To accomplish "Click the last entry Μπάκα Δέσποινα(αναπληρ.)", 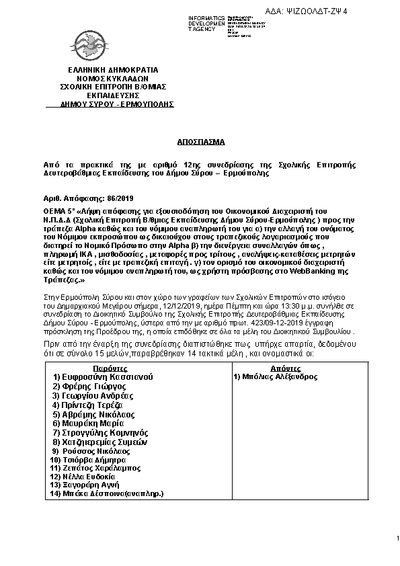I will pos(108,493).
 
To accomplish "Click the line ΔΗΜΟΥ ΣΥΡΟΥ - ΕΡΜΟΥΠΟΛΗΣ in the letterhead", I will pos(117,104).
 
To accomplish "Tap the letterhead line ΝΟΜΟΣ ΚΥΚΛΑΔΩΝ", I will pos(113,78).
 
